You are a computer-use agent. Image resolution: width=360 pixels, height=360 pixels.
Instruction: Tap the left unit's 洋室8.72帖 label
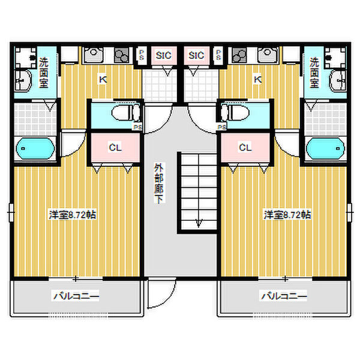73,214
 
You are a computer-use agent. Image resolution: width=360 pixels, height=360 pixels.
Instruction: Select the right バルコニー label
283,296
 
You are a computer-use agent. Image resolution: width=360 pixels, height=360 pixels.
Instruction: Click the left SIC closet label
163,56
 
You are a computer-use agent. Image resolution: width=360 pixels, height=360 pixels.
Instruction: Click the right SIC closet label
196,56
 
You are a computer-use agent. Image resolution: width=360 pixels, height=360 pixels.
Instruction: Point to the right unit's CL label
244,147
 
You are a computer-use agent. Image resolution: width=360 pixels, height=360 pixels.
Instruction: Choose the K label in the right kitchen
257,79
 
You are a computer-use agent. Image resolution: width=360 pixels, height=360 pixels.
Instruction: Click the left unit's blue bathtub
35,148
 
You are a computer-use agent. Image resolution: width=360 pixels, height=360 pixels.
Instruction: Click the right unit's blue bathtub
325,148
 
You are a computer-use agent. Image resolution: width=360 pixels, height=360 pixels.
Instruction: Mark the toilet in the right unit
236,113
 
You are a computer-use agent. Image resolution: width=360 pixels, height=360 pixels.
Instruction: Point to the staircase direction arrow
197,224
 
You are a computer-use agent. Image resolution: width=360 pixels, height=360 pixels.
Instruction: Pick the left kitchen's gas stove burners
122,56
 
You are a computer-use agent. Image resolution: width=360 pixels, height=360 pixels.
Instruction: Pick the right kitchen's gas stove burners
238,56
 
